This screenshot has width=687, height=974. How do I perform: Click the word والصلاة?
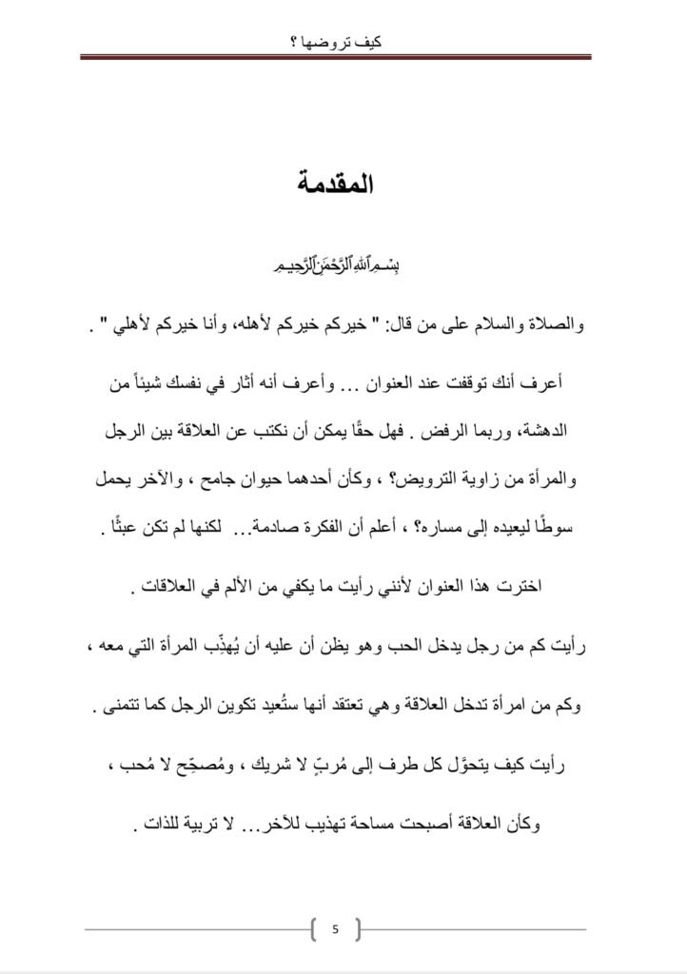(554, 328)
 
